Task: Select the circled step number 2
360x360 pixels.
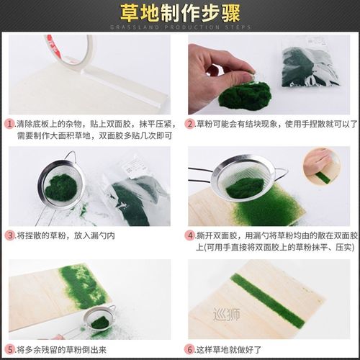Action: [x=191, y=124]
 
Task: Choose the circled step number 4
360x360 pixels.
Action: [x=191, y=235]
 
